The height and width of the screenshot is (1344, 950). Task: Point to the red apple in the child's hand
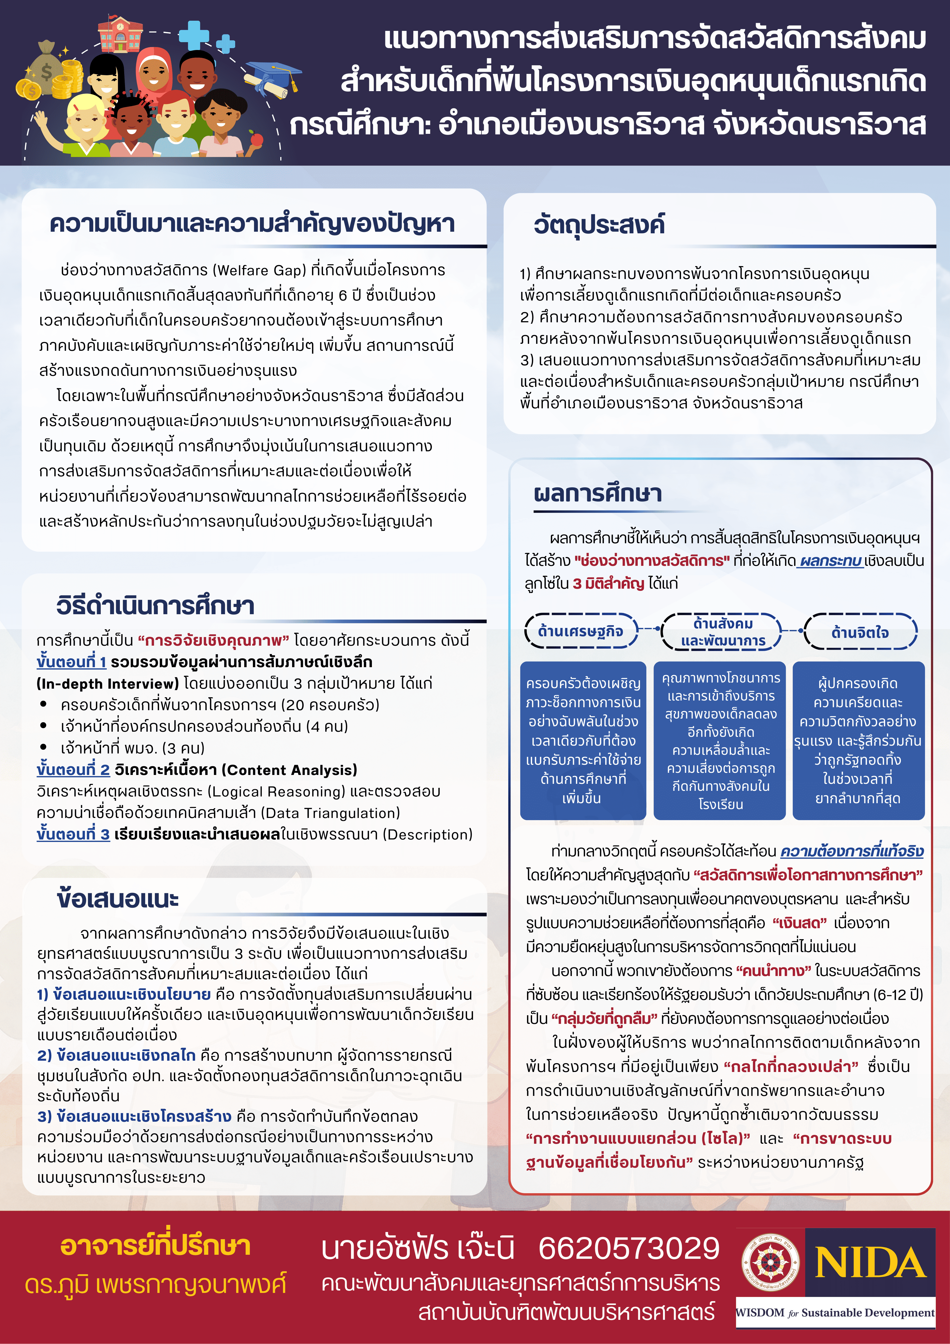click(256, 139)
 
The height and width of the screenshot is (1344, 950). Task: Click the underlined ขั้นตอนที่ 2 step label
click(73, 770)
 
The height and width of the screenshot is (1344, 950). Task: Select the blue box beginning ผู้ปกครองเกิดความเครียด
click(858, 741)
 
